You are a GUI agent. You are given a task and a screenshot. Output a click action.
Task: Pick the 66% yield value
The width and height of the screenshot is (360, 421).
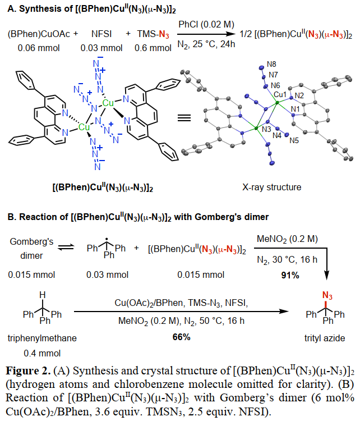[181, 337]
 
